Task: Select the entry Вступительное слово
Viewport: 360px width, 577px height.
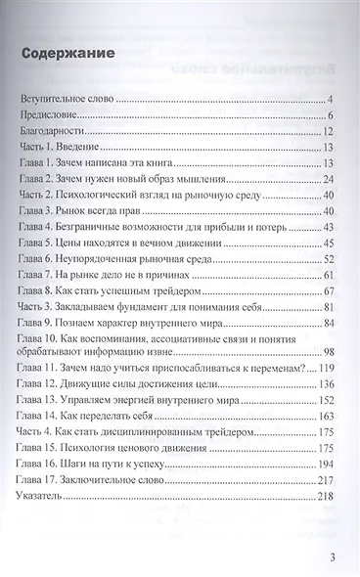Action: click(68, 100)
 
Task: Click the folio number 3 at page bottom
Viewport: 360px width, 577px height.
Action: click(333, 556)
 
